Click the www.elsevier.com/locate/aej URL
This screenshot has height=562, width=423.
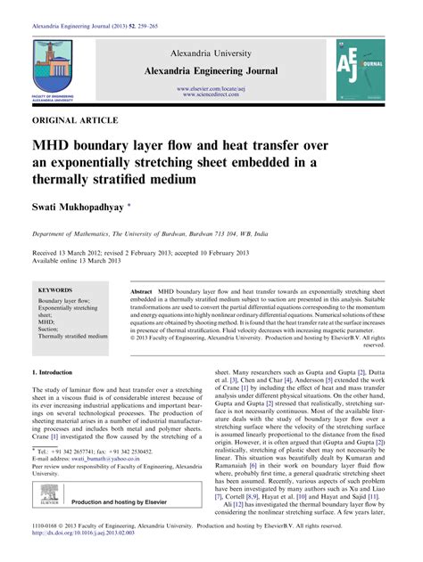211,89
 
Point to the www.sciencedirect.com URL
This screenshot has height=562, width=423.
211,95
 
